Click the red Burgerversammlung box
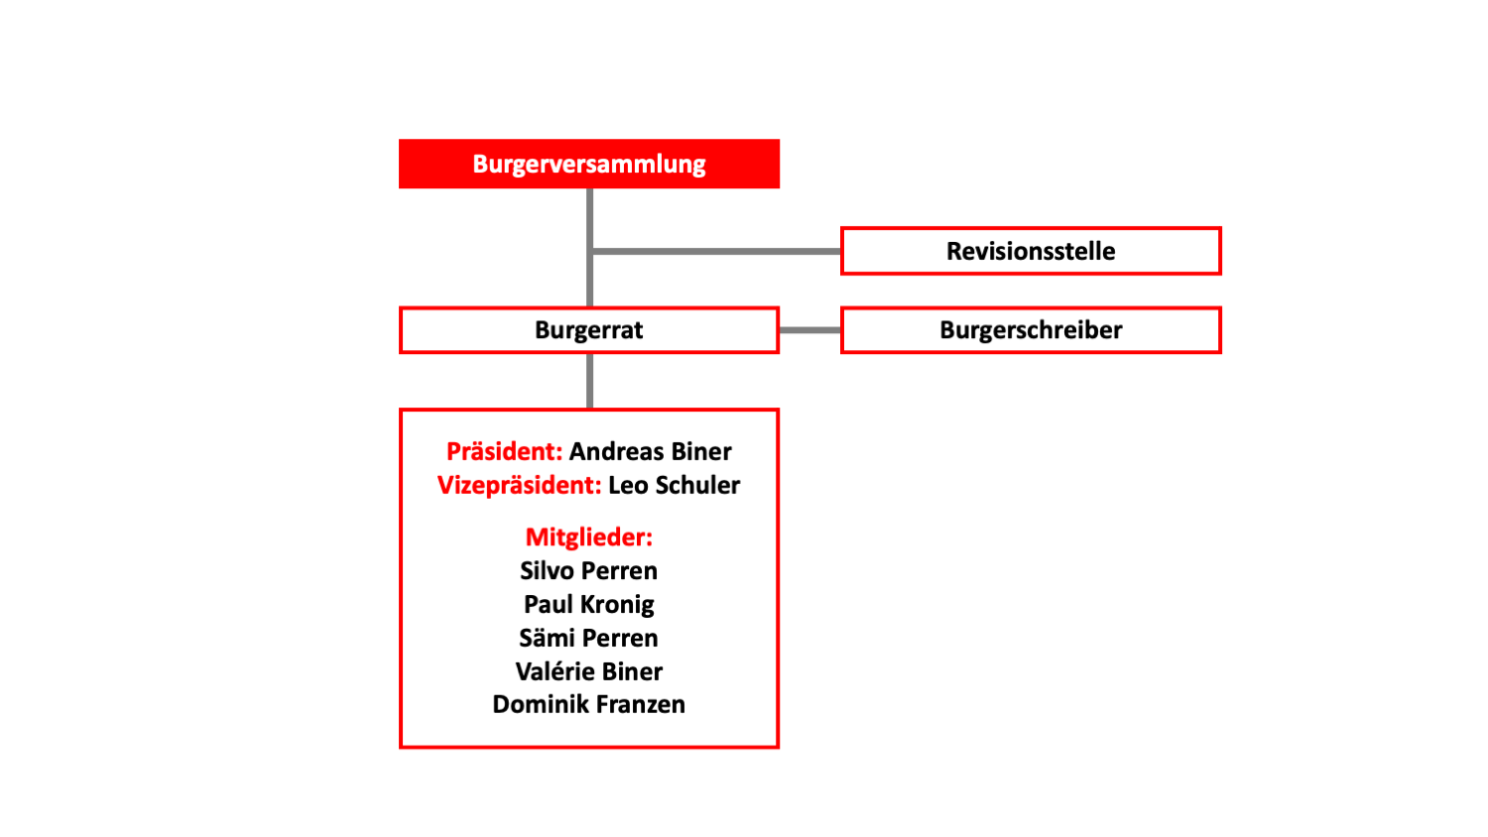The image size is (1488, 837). pyautogui.click(x=588, y=164)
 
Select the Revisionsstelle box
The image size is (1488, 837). pyautogui.click(x=1031, y=251)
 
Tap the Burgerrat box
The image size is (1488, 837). pyautogui.click(x=588, y=330)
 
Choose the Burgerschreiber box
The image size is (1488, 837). pyautogui.click(x=1031, y=330)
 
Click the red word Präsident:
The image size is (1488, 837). pyautogui.click(x=504, y=451)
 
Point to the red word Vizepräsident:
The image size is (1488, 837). pyautogui.click(x=520, y=486)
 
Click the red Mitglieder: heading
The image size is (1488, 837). pyautogui.click(x=588, y=537)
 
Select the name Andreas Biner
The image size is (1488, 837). pyautogui.click(x=651, y=451)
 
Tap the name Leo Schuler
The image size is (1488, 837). pyautogui.click(x=675, y=486)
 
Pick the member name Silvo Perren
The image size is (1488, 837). pyautogui.click(x=588, y=570)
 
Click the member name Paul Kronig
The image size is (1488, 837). pyautogui.click(x=588, y=605)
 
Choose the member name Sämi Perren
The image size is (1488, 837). pyautogui.click(x=588, y=638)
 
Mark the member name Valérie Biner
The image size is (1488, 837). pyautogui.click(x=588, y=671)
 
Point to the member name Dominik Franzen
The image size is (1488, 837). pyautogui.click(x=588, y=705)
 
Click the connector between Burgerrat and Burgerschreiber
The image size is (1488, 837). pyautogui.click(x=809, y=330)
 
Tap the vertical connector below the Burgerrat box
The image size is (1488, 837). pyautogui.click(x=590, y=381)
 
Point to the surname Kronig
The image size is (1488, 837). pyautogui.click(x=618, y=605)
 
